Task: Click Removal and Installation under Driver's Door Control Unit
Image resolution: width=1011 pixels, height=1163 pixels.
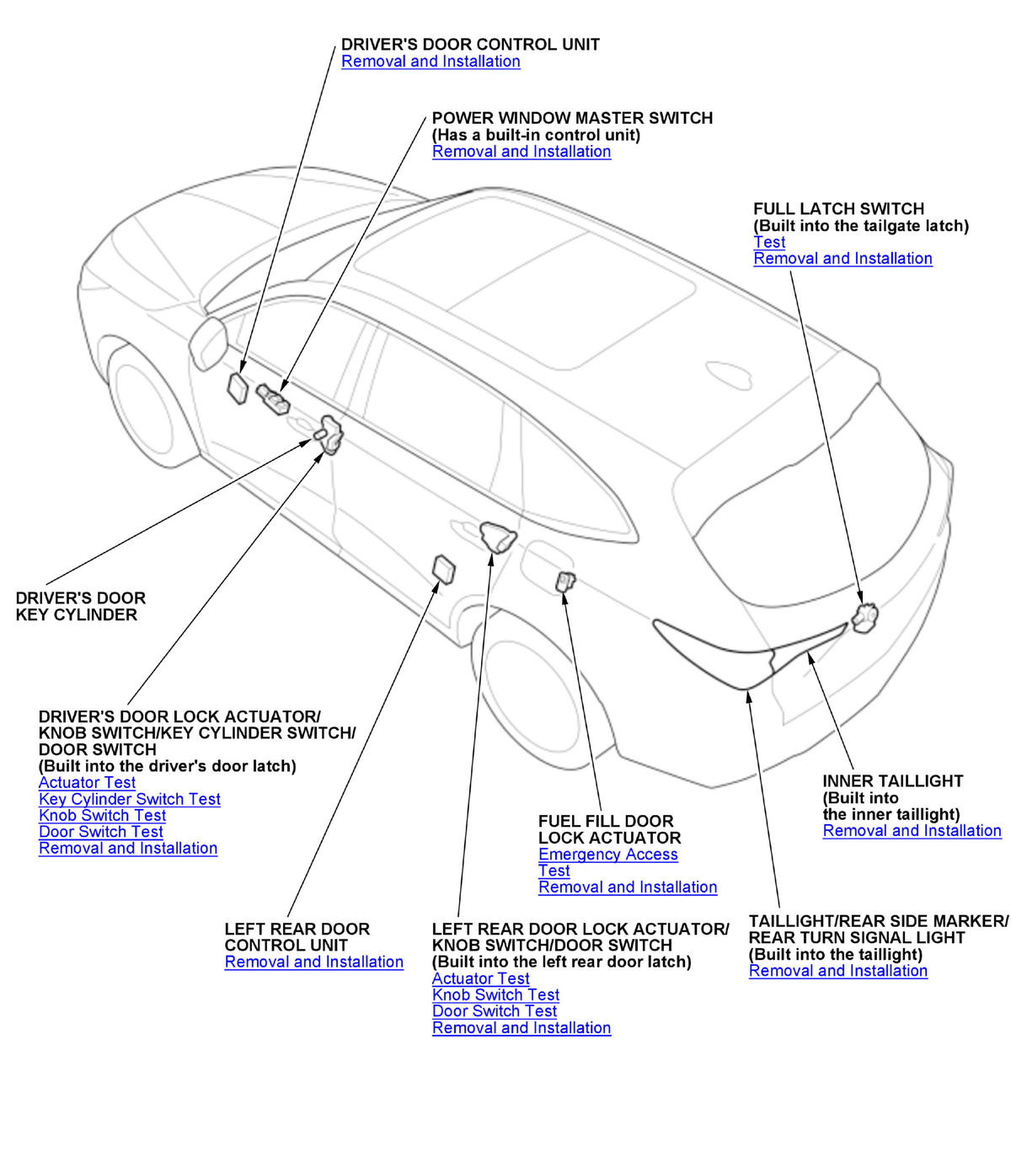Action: click(x=431, y=62)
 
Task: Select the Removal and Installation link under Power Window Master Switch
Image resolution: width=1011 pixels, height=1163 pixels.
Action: click(x=522, y=152)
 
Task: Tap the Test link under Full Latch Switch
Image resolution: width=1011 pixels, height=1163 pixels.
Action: click(x=769, y=242)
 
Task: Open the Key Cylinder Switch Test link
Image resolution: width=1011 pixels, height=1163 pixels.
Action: click(x=130, y=799)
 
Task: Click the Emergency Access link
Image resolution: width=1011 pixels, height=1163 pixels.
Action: click(x=608, y=855)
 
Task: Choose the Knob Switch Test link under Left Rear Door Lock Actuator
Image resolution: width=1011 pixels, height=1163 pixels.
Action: click(x=495, y=995)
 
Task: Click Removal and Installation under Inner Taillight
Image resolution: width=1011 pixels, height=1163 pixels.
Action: click(x=912, y=831)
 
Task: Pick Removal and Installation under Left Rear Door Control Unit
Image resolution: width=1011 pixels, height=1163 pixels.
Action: click(x=313, y=962)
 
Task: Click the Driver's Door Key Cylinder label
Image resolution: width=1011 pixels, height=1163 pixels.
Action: click(x=80, y=607)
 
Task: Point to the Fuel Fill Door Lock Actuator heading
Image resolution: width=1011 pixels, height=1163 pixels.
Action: click(x=609, y=829)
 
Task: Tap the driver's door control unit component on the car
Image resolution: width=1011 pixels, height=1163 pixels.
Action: click(x=238, y=389)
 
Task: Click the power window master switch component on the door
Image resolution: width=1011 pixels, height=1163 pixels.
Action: click(x=274, y=399)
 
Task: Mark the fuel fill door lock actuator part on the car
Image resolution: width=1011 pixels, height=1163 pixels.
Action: click(x=565, y=581)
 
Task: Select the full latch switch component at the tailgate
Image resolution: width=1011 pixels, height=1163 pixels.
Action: click(x=864, y=618)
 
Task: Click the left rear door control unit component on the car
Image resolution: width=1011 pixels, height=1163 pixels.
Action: click(x=444, y=569)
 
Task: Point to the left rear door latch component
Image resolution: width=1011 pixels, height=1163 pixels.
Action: click(x=498, y=537)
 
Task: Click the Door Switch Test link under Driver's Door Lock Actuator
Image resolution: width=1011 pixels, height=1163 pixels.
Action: click(x=101, y=832)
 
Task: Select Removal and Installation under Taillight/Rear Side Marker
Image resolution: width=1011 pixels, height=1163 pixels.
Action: click(x=837, y=971)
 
